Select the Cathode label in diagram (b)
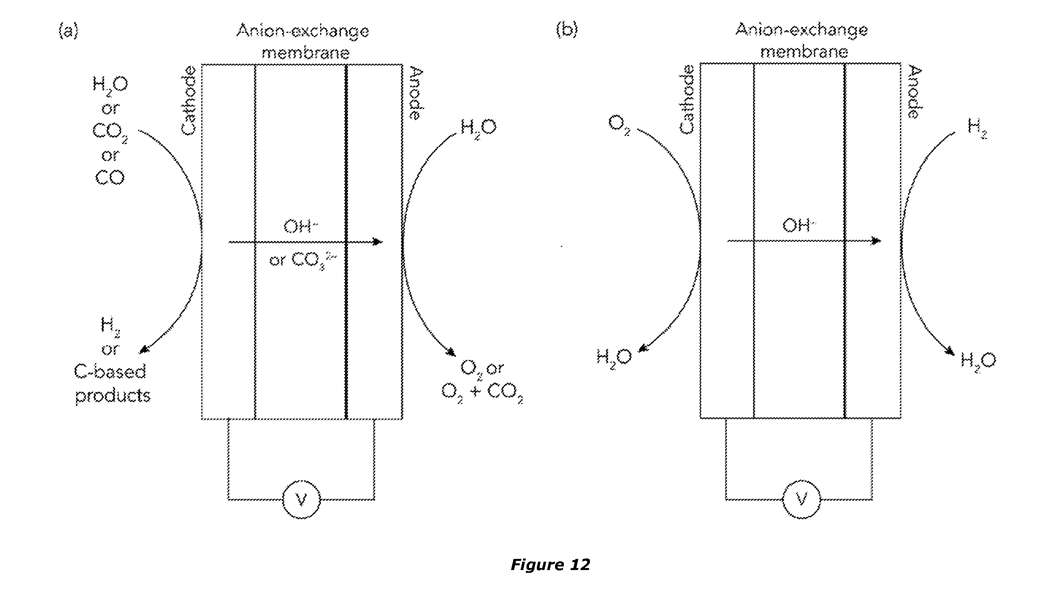click(687, 99)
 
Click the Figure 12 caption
click(550, 564)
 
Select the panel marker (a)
click(68, 31)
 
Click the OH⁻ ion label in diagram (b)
click(799, 226)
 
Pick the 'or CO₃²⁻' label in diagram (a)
click(303, 260)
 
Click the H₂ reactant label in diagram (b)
click(977, 128)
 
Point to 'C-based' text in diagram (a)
click(110, 372)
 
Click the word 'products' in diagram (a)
click(113, 396)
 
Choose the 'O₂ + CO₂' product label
click(482, 392)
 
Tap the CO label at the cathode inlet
click(110, 178)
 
